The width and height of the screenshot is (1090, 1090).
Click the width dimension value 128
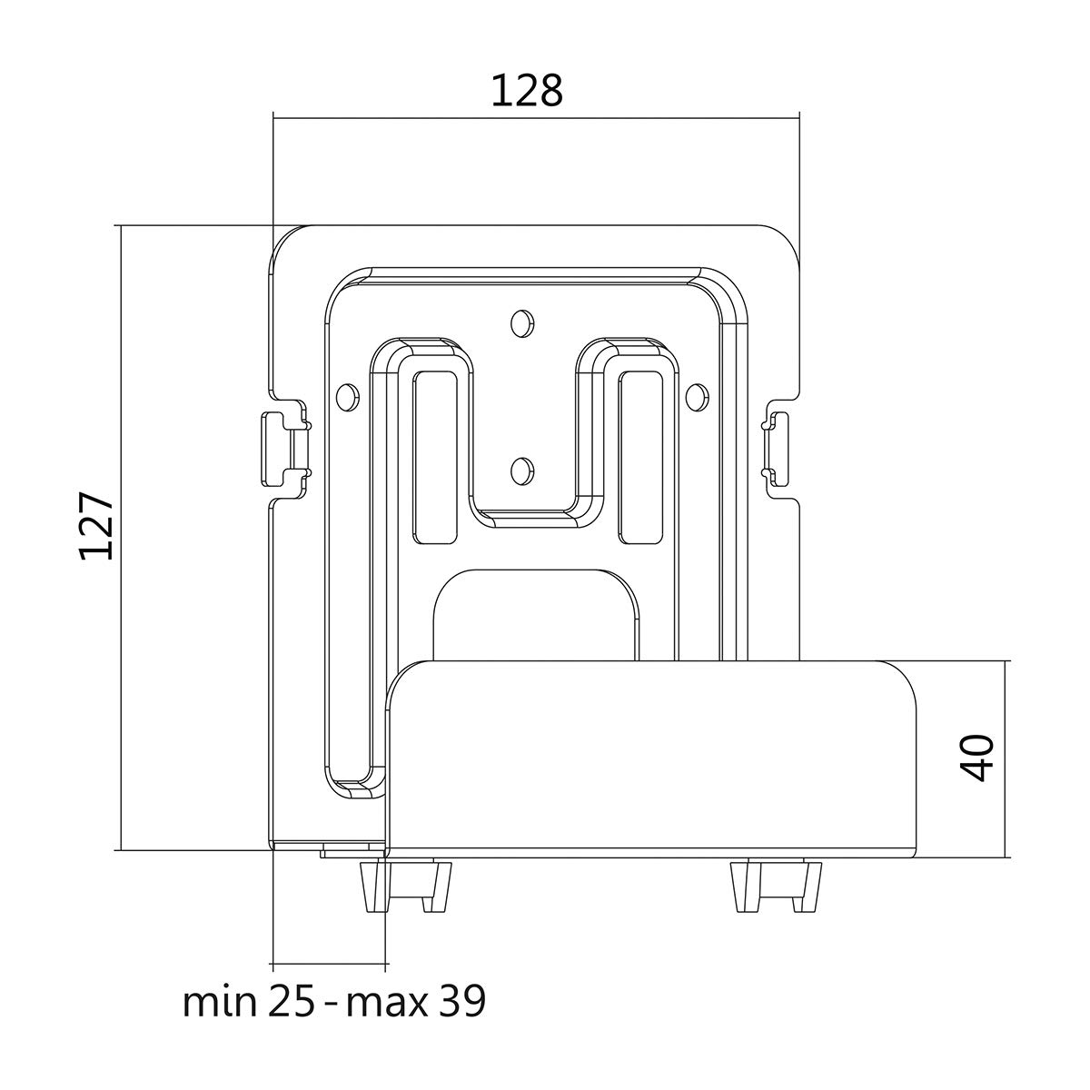pyautogui.click(x=527, y=91)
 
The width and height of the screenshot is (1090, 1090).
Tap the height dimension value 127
pyautogui.click(x=96, y=526)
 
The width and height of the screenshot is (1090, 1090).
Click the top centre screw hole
pyautogui.click(x=522, y=322)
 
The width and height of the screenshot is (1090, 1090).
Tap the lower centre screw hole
pyautogui.click(x=522, y=470)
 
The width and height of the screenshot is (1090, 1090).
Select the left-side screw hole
pyautogui.click(x=347, y=396)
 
